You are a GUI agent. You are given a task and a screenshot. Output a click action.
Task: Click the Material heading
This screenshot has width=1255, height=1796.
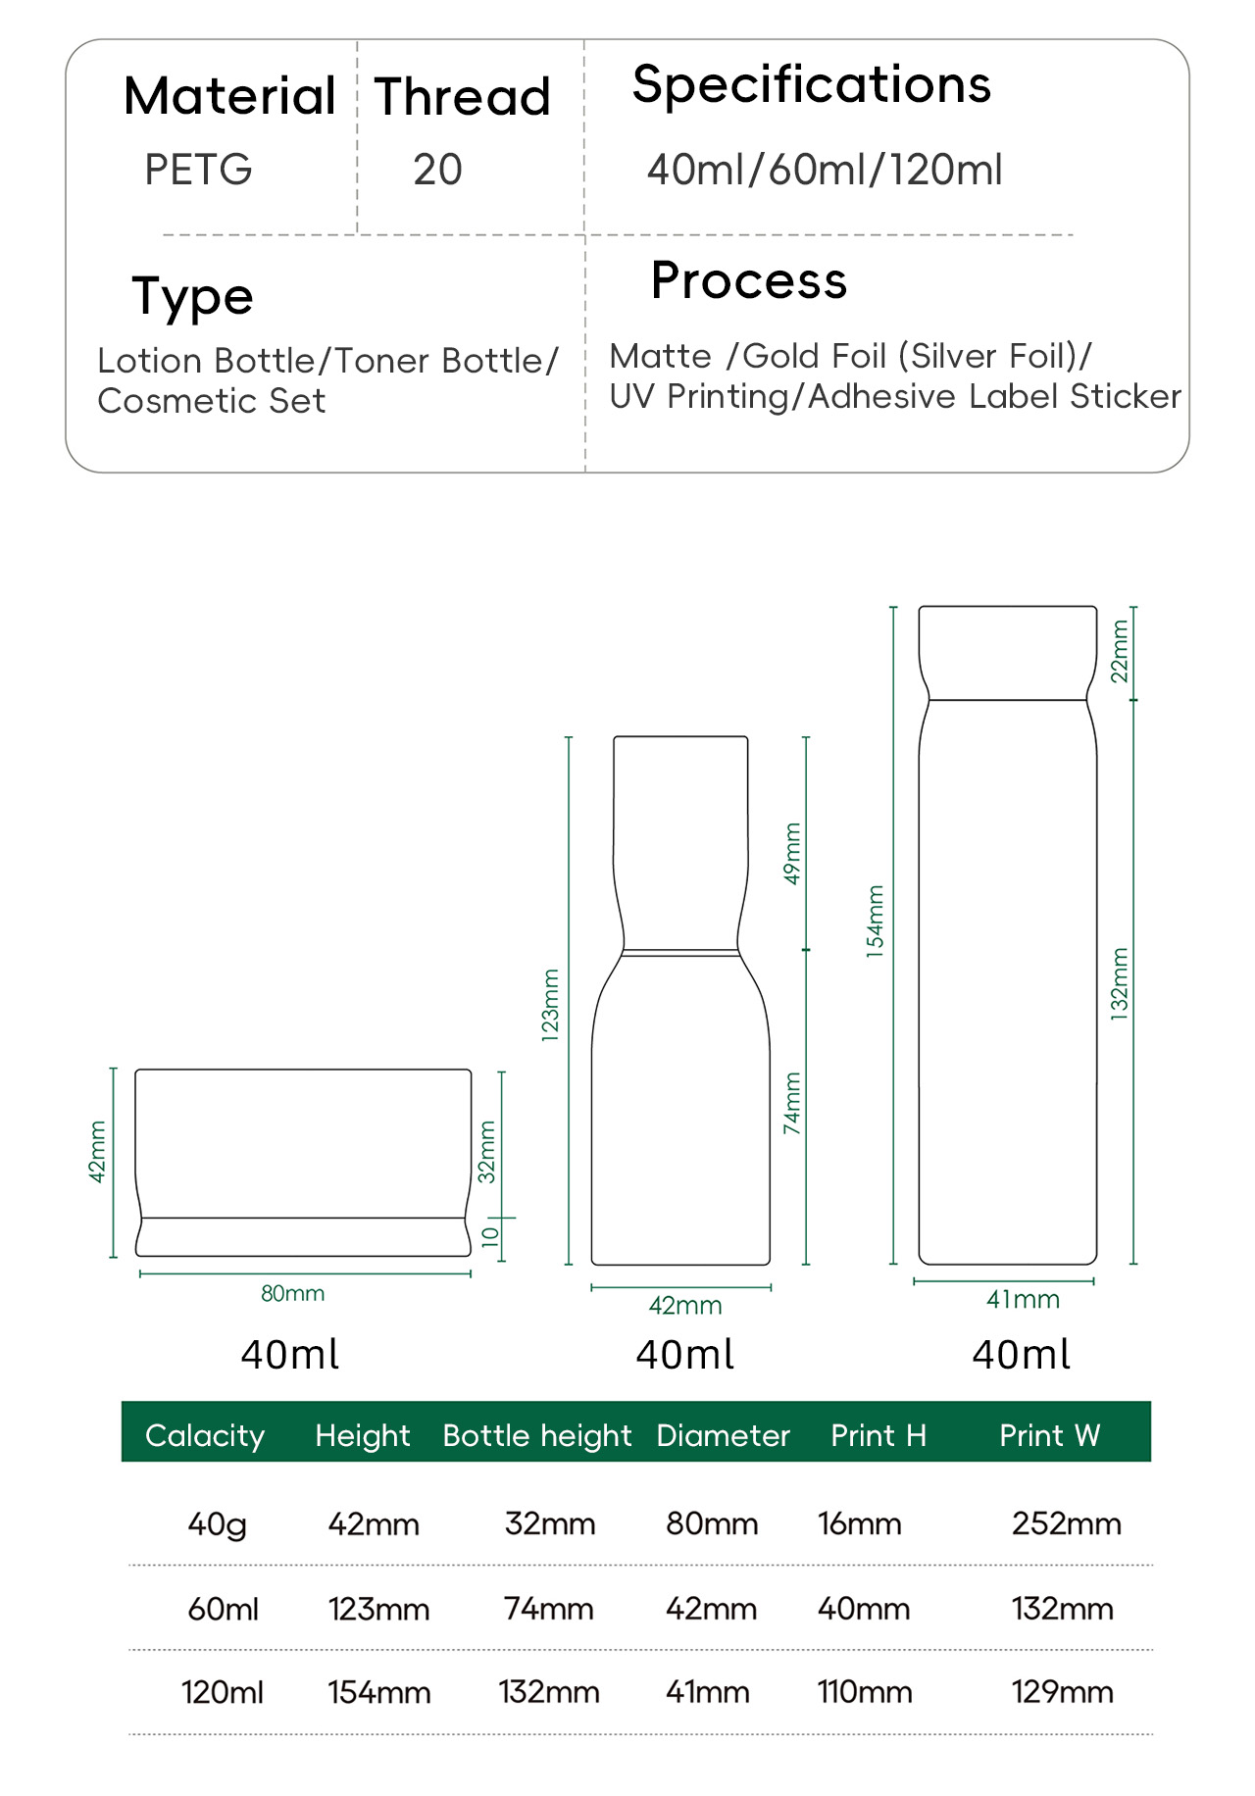coord(229,96)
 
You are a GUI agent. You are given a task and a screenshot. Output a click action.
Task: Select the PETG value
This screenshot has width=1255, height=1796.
coord(198,170)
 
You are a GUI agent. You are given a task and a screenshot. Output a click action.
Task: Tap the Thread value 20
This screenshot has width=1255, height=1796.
coord(437,170)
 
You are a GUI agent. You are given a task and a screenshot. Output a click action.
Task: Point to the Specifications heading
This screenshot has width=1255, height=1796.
coord(811,85)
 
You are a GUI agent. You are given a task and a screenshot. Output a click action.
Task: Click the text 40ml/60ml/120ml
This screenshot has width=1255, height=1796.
coord(825,170)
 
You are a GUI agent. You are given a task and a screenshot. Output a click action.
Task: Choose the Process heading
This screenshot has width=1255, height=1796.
coord(749,281)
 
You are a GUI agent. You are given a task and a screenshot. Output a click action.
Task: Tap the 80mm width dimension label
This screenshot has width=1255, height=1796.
coord(292,1293)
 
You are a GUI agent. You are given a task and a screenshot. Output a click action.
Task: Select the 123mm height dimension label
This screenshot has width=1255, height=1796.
coord(551,1005)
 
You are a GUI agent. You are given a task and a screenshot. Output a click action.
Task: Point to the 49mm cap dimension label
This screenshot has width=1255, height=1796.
coord(792,853)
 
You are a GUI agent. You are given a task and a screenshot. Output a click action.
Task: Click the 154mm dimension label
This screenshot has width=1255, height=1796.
coord(875,922)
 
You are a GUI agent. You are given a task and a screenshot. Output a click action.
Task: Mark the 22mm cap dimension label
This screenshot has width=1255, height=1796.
coord(1119,651)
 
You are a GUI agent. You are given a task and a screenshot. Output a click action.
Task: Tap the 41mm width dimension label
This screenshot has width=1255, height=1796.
coord(1023,1299)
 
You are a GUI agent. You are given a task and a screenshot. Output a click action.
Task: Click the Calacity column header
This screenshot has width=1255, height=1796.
coord(205,1435)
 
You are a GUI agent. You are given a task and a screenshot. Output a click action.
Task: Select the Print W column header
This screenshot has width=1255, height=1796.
coord(1049,1435)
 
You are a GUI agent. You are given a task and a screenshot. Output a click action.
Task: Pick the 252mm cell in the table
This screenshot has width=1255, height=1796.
coord(1067,1523)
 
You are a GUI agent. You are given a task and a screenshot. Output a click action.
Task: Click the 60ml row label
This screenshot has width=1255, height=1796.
coord(223,1609)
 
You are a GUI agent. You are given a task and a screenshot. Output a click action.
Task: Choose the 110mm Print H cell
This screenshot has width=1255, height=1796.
coord(865,1692)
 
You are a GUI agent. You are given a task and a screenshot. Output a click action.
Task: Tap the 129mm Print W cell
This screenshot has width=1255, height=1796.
coord(1063,1692)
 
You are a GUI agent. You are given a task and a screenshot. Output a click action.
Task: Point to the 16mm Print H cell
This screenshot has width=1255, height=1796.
coord(860,1523)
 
